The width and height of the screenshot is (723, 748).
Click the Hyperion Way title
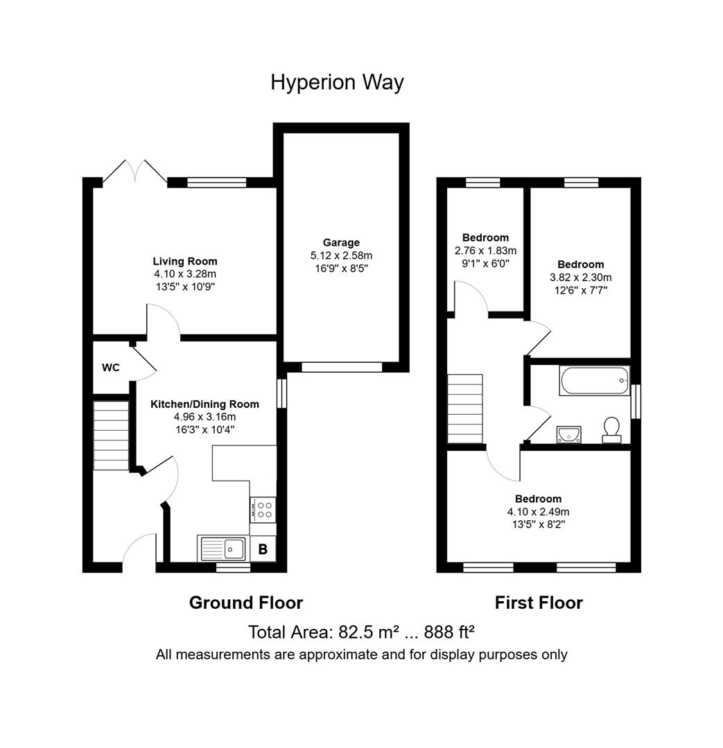click(337, 82)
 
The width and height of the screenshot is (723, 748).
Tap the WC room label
click(111, 368)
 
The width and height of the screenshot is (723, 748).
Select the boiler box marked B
click(263, 549)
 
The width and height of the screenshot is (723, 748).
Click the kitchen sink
click(222, 549)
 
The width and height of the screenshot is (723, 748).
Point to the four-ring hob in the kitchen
click(263, 510)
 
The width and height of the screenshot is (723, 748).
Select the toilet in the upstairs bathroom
click(611, 430)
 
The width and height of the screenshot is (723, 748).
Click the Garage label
click(341, 242)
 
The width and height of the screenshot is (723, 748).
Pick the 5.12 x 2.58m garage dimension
click(341, 256)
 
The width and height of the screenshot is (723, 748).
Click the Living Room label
click(185, 261)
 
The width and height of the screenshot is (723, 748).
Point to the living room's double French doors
click(135, 171)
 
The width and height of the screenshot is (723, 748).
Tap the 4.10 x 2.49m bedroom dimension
click(538, 512)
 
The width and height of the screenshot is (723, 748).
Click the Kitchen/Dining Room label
click(205, 404)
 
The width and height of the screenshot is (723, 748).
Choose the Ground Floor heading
click(246, 603)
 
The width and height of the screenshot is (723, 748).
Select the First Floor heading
click(539, 603)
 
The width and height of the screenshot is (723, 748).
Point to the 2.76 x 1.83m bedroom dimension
click(485, 251)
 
